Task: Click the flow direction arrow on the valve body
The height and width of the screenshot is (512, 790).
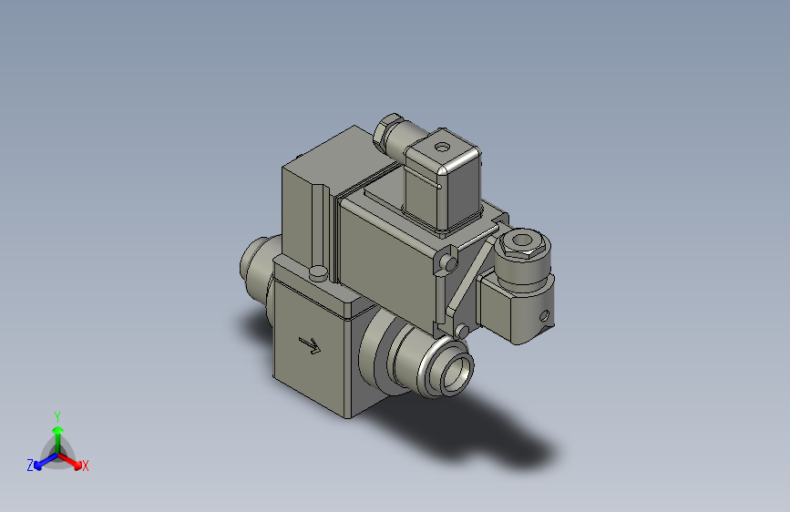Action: pos(311,345)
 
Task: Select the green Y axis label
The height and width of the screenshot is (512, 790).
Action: pos(56,415)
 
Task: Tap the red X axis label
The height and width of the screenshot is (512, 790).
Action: pos(85,466)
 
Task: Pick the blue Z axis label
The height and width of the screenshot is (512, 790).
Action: pos(30,466)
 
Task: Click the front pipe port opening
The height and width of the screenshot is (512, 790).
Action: pos(457,369)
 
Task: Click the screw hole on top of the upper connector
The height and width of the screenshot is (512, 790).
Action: pos(444,146)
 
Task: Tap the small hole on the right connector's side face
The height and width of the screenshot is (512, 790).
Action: pos(546,317)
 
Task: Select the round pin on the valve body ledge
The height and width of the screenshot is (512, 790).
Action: pos(316,272)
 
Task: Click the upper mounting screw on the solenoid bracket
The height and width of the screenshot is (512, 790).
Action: pos(448,263)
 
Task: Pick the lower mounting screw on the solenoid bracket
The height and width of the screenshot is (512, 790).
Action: pos(461,329)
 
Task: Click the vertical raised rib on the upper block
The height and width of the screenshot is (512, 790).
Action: pos(317,223)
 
